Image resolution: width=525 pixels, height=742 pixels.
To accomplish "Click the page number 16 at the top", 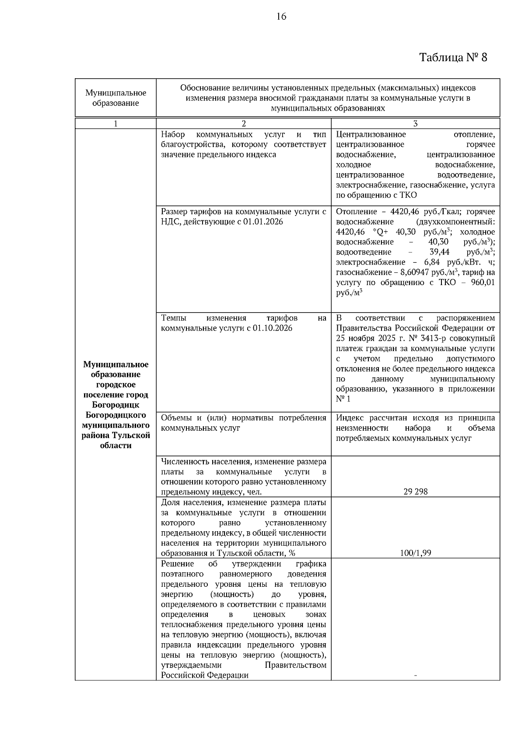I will [x=281, y=17].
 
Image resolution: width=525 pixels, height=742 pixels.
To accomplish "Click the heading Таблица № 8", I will [x=453, y=57].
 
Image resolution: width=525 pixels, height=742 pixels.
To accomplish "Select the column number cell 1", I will [x=115, y=124].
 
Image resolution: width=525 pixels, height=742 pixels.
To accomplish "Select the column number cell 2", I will [x=244, y=124].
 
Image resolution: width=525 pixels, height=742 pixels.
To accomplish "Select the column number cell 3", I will [x=415, y=124].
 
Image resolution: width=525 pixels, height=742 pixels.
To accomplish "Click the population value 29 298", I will [x=415, y=491].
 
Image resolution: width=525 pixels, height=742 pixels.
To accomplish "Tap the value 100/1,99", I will [x=415, y=553].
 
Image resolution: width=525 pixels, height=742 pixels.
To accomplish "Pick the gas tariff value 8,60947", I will [x=415, y=272].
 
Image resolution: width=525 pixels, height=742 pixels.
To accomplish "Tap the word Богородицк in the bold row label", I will [x=115, y=405].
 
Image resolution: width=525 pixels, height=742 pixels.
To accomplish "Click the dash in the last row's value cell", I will [x=415, y=676].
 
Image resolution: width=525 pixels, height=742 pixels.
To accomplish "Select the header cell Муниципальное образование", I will [x=115, y=98].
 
